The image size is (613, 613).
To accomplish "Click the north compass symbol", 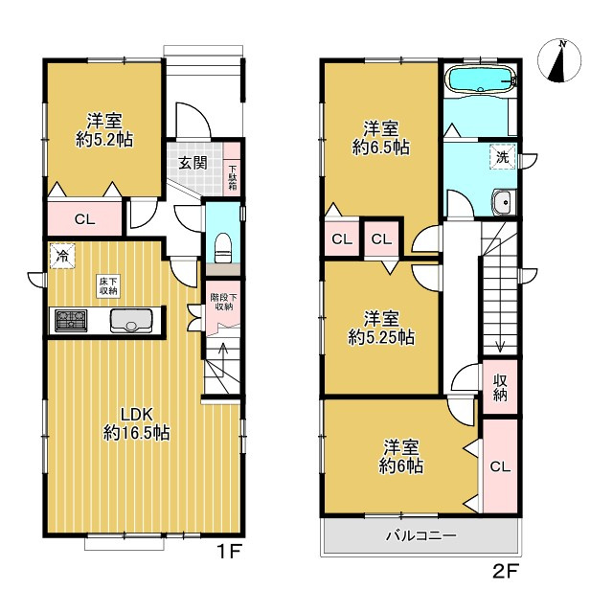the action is coord(559,60).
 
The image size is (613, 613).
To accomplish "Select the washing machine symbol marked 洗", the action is coord(502,157).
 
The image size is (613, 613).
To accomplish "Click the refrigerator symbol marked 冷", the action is coord(61,256).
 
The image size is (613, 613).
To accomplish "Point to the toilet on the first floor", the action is coord(223,248).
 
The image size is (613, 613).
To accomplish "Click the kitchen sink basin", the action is coord(131,321).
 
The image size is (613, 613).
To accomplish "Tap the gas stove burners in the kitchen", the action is coord(71,321).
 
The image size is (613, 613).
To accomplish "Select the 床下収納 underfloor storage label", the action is coord(108,285).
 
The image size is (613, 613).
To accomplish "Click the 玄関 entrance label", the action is coord(193,163).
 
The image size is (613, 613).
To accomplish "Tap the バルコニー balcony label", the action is coord(421,535).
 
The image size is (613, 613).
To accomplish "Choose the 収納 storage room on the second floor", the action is coord(500,387).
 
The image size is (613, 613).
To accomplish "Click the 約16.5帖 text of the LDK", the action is coord(136,433).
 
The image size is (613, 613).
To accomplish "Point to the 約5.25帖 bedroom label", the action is coord(381,338).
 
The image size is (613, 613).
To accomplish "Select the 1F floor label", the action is coord(229,552).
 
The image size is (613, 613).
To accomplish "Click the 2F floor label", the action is coord(506,572).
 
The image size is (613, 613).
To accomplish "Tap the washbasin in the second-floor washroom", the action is coord(505,202).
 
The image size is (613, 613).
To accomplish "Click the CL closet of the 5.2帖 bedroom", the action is coord(85,219).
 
